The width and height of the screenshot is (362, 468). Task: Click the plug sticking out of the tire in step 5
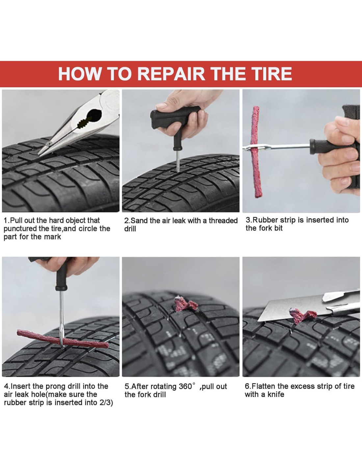point(186,304)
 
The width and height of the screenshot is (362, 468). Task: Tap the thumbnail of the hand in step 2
point(162,106)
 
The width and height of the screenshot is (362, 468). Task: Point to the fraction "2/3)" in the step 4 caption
point(106,403)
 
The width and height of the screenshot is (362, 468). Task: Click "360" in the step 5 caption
point(185,387)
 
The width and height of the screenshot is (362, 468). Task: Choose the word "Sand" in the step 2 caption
point(138,221)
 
